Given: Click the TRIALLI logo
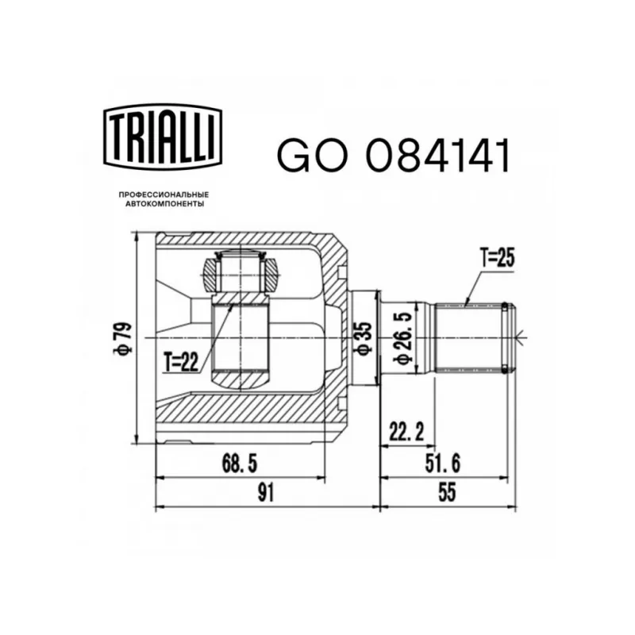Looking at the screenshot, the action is tap(163, 137).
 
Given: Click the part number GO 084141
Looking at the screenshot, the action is tap(393, 156).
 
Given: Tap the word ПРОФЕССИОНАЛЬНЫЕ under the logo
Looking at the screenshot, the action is tap(164, 195).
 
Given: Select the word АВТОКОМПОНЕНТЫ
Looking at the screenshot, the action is tap(164, 204).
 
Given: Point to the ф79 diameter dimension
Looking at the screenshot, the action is tap(123, 339).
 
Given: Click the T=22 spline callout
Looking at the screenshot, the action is tap(182, 362).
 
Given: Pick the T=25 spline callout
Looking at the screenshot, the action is tap(497, 257).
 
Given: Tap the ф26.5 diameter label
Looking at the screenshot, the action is tap(404, 338).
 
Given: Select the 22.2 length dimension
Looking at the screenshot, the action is tap(406, 432).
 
